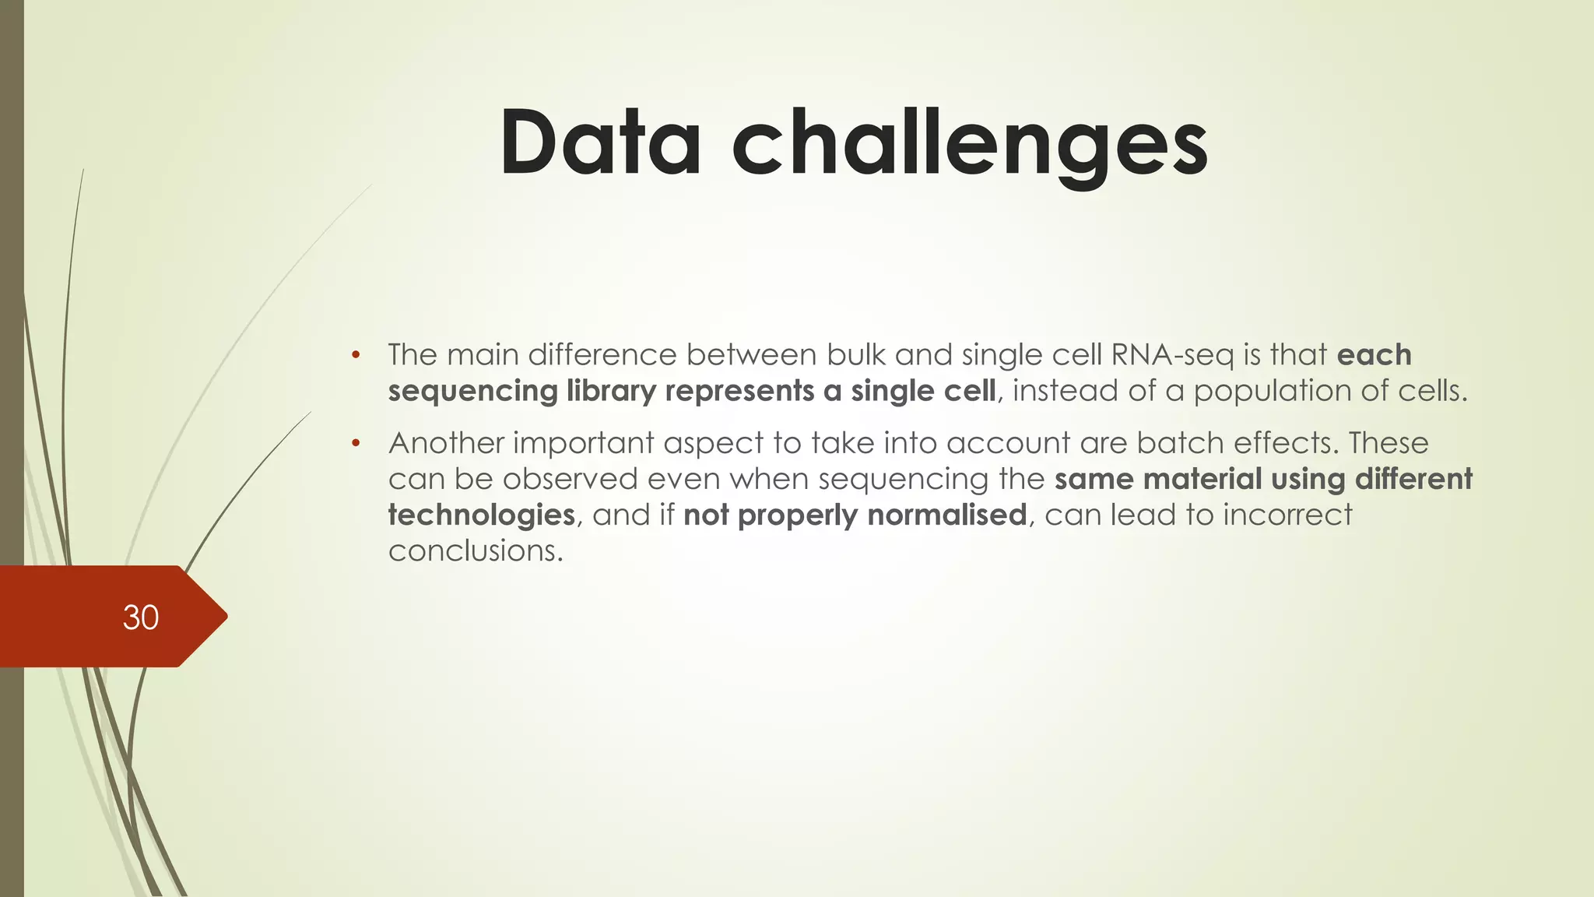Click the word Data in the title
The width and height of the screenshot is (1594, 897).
coord(601,142)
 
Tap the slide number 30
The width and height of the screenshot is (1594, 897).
coord(141,617)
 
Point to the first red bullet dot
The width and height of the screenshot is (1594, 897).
coord(355,356)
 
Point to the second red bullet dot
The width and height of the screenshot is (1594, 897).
coord(355,444)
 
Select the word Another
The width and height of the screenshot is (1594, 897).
coord(447,443)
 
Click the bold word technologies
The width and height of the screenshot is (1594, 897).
coord(481,515)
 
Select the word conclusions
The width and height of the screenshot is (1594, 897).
coord(475,551)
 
